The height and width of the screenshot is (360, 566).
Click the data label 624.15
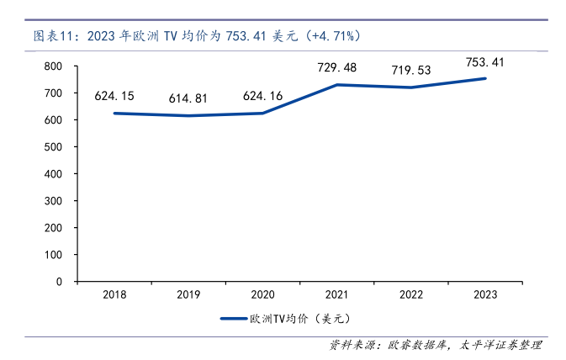coord(115,96)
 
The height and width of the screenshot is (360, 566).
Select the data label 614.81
coord(189,98)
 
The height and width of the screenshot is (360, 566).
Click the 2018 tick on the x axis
coord(114,294)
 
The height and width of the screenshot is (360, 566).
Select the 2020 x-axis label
coord(262,294)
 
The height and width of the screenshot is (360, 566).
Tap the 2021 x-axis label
coord(337,294)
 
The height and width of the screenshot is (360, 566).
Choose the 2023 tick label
coord(485,294)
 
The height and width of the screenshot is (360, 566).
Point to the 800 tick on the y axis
coord(53,66)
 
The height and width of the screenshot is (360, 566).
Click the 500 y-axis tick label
coord(53,147)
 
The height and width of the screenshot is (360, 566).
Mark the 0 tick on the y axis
coord(59,282)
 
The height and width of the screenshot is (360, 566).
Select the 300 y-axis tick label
coord(53,201)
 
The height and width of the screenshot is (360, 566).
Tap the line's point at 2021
coord(337,85)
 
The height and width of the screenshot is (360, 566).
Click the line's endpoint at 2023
coord(485,78)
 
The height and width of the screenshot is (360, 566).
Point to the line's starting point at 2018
coord(114,113)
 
